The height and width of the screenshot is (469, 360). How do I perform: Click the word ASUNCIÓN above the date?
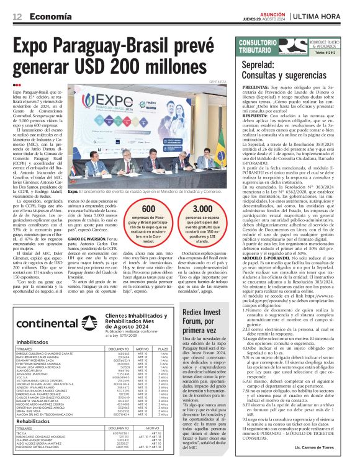[272, 12]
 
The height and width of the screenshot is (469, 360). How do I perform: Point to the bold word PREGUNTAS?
[256, 87]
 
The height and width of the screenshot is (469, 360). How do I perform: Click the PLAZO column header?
[164, 349]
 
